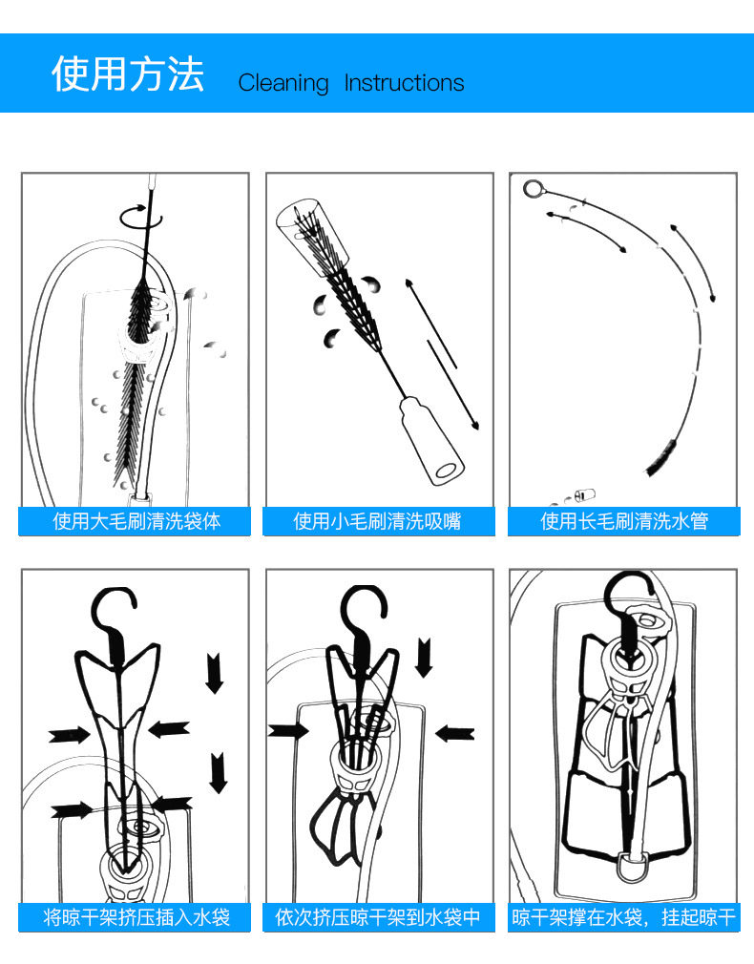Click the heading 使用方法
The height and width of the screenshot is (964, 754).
coord(128,74)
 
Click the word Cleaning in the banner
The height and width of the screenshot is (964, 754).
coord(283,83)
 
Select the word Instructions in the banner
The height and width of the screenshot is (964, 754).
coord(404,83)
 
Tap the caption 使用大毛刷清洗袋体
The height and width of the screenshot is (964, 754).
coord(136,521)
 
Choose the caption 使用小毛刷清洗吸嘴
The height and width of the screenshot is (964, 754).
coord(377,521)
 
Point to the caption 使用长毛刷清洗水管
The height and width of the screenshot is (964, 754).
coord(624,521)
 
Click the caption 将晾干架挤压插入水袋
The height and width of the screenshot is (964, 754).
coord(136,917)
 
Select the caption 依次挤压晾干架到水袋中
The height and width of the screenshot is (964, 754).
coord(377,917)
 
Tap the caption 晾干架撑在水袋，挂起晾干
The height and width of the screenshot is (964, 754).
coord(624,917)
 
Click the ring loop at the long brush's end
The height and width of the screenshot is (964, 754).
coord(533,188)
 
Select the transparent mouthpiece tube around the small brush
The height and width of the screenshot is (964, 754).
coord(304,225)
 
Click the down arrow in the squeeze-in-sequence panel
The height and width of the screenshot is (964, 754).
coord(424,657)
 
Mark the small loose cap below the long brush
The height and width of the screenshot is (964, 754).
coord(584,494)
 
